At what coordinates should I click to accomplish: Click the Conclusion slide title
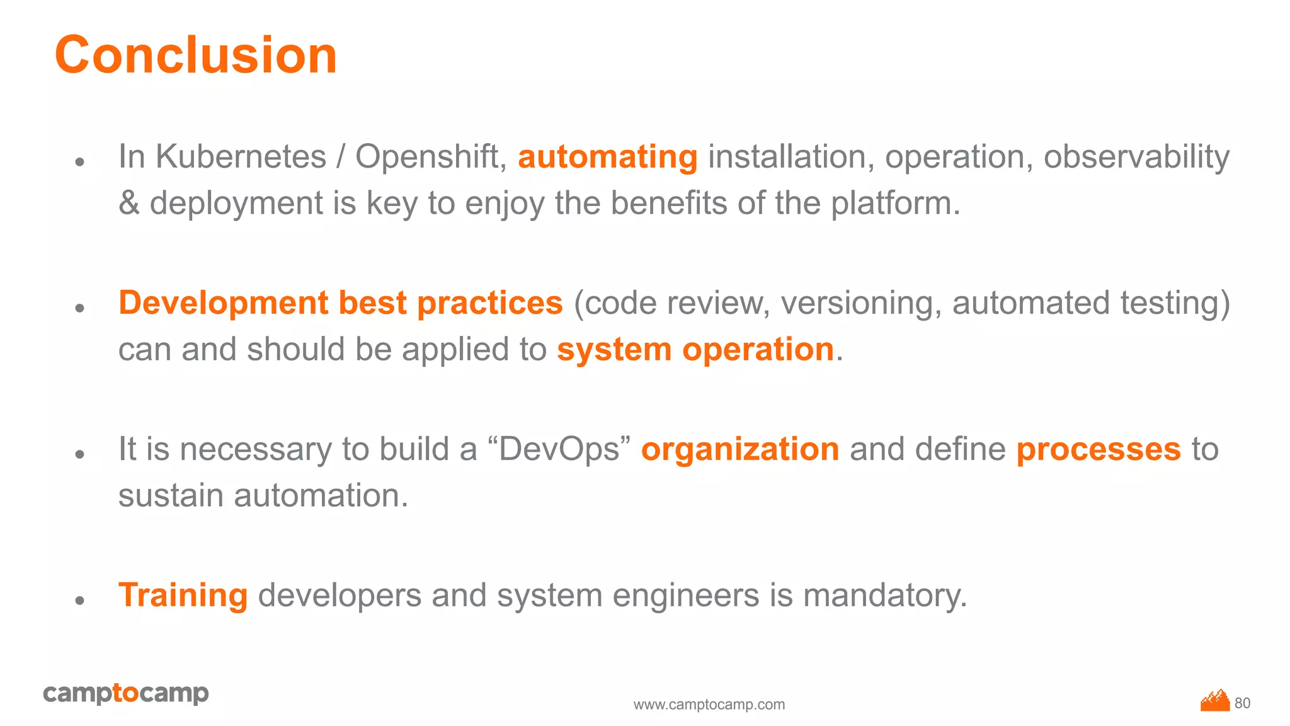click(x=196, y=55)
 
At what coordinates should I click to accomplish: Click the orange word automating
click(x=607, y=157)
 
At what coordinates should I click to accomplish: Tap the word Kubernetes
click(x=241, y=156)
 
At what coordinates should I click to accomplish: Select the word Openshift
click(x=431, y=156)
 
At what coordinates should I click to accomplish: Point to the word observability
click(x=1136, y=156)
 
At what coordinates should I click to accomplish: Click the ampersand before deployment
click(x=129, y=203)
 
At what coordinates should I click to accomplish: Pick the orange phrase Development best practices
click(x=340, y=302)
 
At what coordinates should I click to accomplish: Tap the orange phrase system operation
click(x=695, y=349)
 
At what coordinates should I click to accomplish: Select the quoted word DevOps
click(x=559, y=449)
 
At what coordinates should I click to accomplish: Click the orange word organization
click(x=740, y=449)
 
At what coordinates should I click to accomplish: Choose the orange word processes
click(x=1099, y=449)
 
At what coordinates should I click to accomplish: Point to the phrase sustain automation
click(x=263, y=495)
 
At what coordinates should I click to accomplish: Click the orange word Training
click(x=183, y=595)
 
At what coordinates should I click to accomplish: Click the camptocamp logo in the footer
click(x=126, y=693)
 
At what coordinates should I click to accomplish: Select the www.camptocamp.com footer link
click(x=709, y=705)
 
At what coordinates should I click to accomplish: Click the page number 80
click(x=1242, y=703)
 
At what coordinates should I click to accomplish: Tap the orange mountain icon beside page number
click(x=1215, y=700)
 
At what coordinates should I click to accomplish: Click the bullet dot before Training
click(x=79, y=600)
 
